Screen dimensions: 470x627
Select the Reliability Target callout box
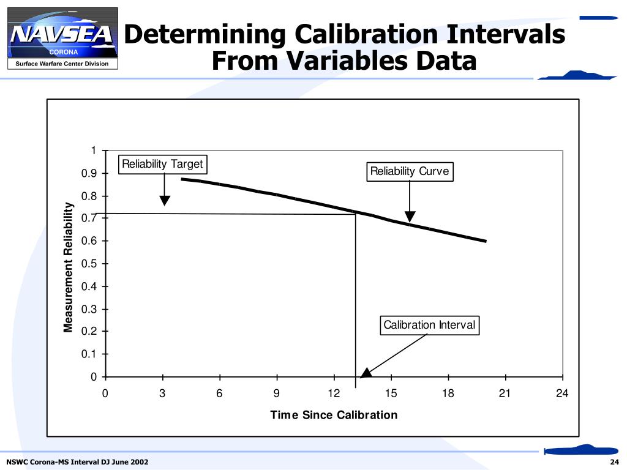(x=162, y=165)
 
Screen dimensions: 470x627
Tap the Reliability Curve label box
(x=410, y=171)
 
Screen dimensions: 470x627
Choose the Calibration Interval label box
(x=429, y=325)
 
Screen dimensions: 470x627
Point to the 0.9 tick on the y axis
(x=90, y=174)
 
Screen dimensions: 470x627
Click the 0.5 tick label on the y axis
(x=90, y=264)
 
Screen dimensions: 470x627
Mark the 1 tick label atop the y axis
(x=93, y=151)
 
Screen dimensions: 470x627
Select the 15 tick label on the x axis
(x=391, y=394)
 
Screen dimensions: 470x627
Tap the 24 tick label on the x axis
(x=562, y=394)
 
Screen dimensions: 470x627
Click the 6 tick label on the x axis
(x=219, y=394)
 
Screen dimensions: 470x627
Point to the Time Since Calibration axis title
(x=334, y=415)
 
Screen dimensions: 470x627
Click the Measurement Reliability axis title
(x=69, y=267)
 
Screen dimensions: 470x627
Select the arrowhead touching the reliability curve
(x=410, y=217)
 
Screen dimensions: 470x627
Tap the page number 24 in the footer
(x=615, y=461)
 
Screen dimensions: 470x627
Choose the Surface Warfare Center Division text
(x=62, y=64)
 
